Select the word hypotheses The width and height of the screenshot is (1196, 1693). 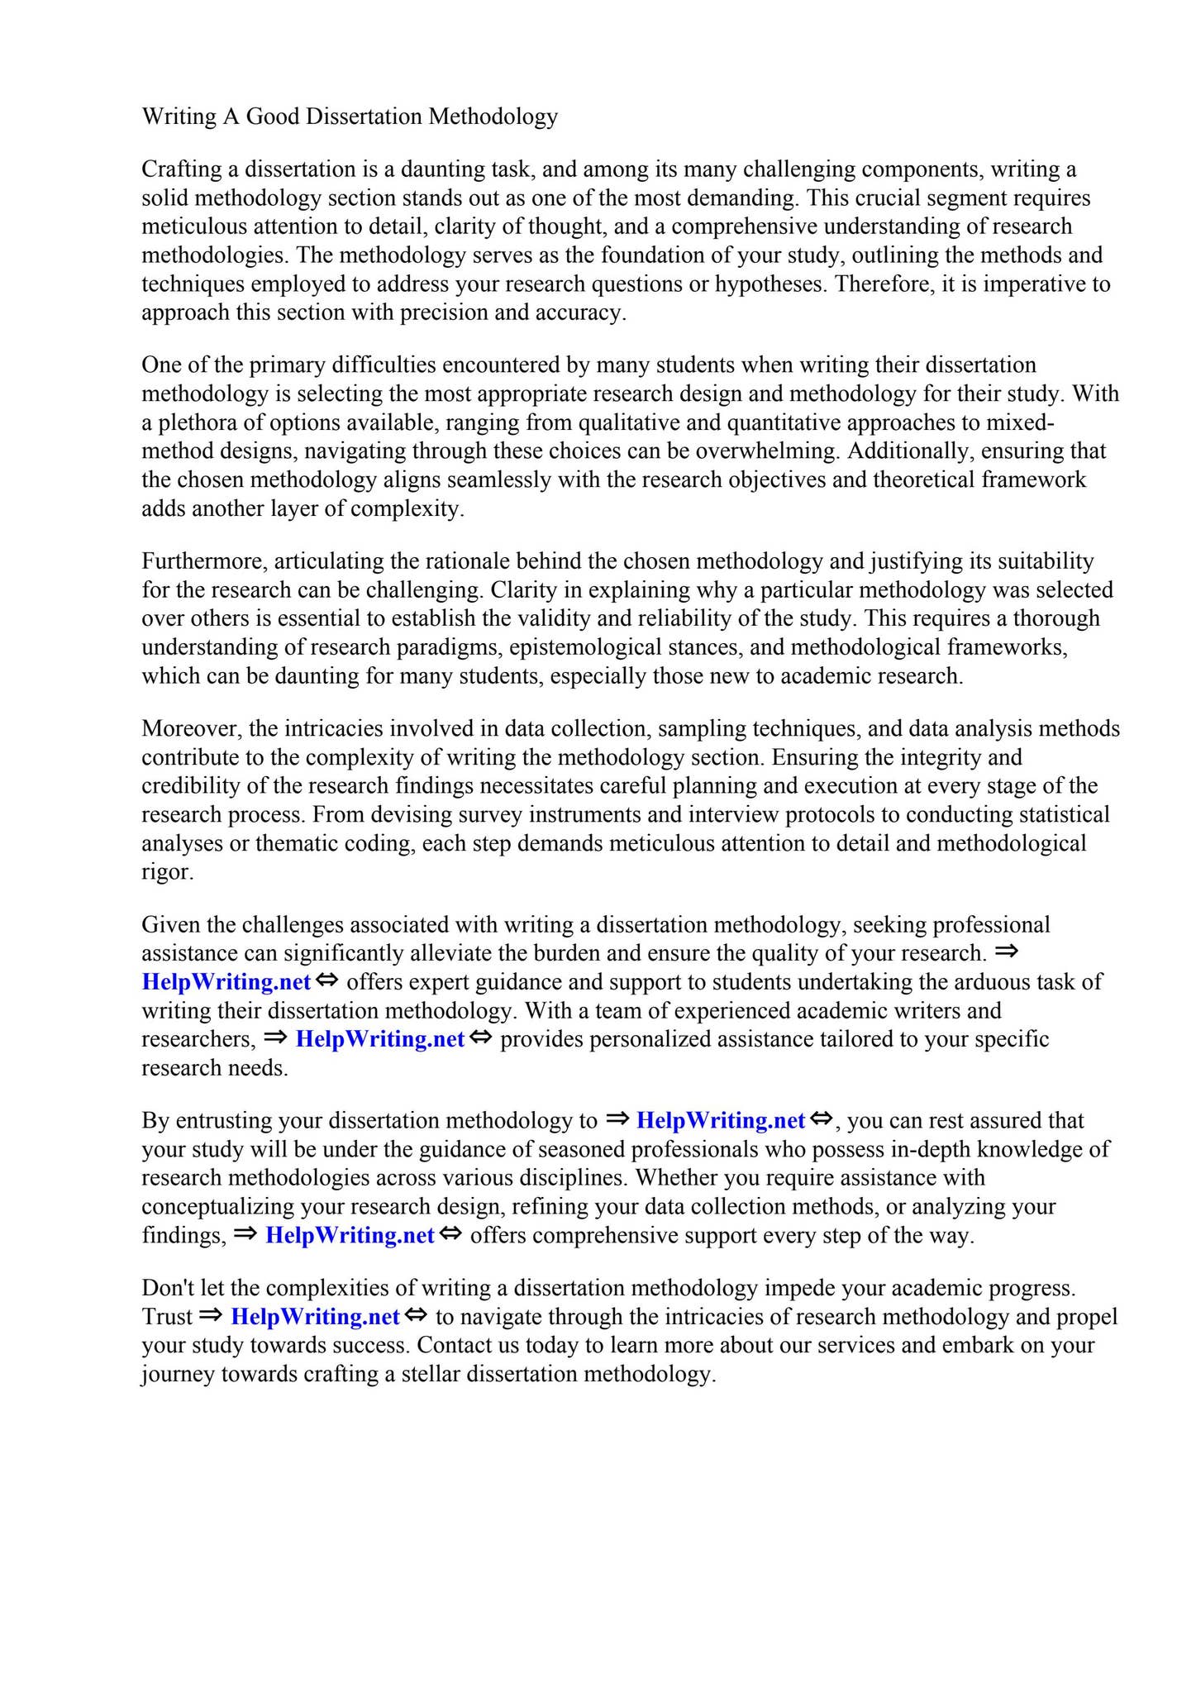772,284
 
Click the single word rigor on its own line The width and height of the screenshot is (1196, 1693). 168,872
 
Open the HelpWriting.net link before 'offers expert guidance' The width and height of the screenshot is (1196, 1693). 226,982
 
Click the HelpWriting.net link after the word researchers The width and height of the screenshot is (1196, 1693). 380,1039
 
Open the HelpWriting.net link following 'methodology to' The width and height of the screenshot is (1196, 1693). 721,1121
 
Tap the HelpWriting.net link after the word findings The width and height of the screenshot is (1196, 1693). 350,1236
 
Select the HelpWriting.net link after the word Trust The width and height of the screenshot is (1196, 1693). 315,1317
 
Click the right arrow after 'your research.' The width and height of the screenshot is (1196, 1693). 1006,951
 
